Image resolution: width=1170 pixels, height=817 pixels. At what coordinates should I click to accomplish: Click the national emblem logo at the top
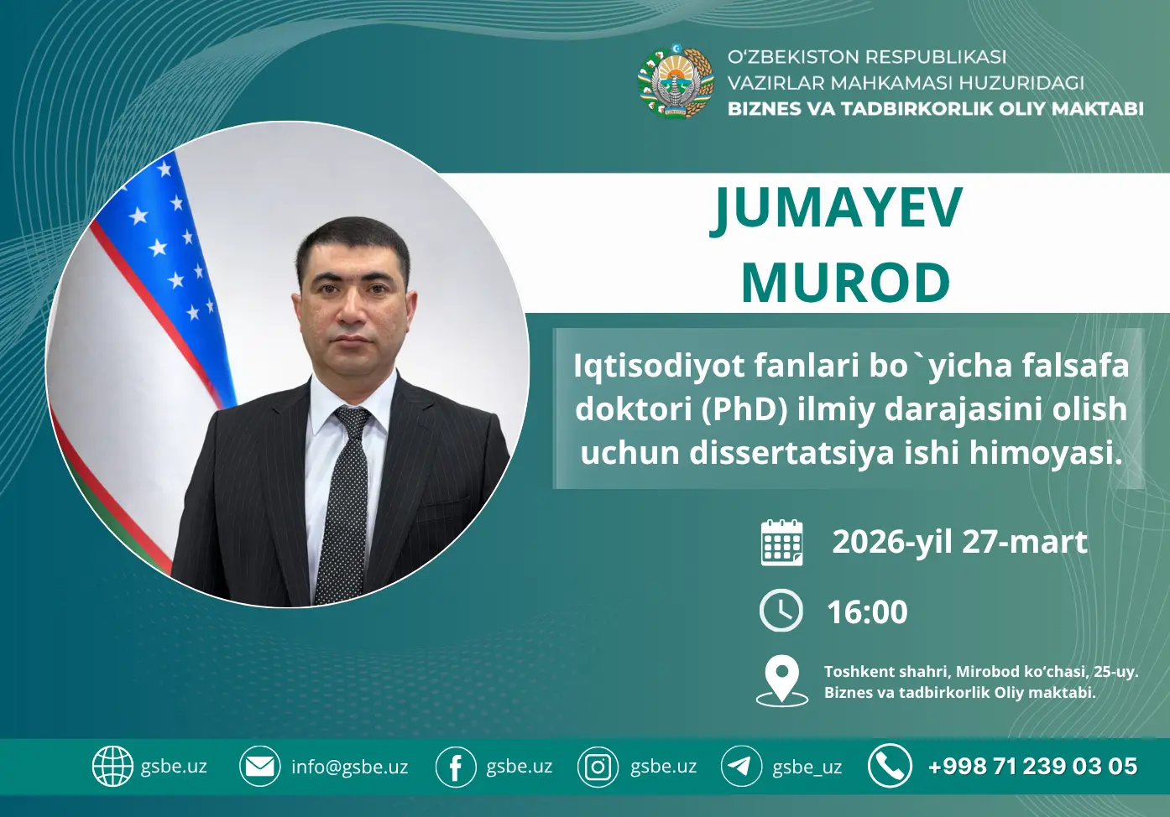click(675, 81)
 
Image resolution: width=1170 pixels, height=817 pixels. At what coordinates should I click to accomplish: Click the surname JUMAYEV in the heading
click(837, 209)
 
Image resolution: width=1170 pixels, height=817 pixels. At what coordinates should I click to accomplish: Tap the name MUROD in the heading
click(845, 283)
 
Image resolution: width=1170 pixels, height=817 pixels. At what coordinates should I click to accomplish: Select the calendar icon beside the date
click(781, 543)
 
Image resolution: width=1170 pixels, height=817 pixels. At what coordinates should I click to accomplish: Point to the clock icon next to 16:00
click(781, 611)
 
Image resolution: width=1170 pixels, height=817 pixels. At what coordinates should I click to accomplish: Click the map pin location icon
click(781, 680)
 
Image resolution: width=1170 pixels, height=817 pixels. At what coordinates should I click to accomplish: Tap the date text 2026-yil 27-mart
click(958, 542)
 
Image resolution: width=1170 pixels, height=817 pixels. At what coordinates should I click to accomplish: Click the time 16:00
click(867, 612)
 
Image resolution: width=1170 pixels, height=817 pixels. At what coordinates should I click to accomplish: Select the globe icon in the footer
click(112, 766)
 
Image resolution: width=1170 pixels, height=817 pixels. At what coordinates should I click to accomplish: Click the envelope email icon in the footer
click(259, 766)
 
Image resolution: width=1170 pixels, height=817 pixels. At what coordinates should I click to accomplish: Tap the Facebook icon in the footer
click(455, 767)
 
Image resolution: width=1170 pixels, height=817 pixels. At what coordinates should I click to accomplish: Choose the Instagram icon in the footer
click(598, 767)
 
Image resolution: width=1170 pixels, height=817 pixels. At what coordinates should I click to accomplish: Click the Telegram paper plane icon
click(740, 766)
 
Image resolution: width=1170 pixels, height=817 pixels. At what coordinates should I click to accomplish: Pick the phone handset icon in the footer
click(890, 765)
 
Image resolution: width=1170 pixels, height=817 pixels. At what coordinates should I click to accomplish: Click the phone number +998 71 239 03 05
click(1032, 767)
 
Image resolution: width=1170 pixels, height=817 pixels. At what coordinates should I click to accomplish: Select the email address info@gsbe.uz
click(349, 767)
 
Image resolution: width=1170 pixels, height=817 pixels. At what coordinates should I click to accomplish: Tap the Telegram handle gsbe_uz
click(807, 767)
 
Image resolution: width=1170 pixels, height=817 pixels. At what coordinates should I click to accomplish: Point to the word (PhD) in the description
click(744, 409)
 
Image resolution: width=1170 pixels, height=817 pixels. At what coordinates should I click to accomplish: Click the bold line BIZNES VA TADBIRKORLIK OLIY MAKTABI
click(935, 109)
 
